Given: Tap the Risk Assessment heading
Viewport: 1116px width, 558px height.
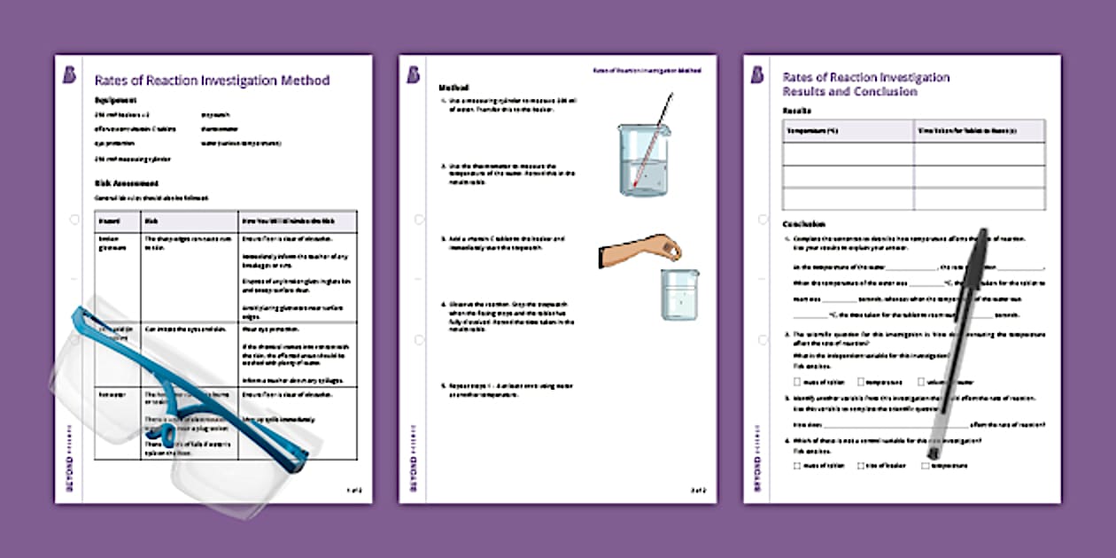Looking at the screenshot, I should point(127,183).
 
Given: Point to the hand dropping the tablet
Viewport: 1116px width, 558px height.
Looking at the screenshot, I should point(641,251).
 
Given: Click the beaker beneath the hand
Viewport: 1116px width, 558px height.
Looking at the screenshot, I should point(679,295).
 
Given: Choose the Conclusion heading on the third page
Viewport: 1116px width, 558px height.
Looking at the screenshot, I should point(804,224).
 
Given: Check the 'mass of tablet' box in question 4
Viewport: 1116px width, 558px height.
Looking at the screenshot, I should point(798,465).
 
